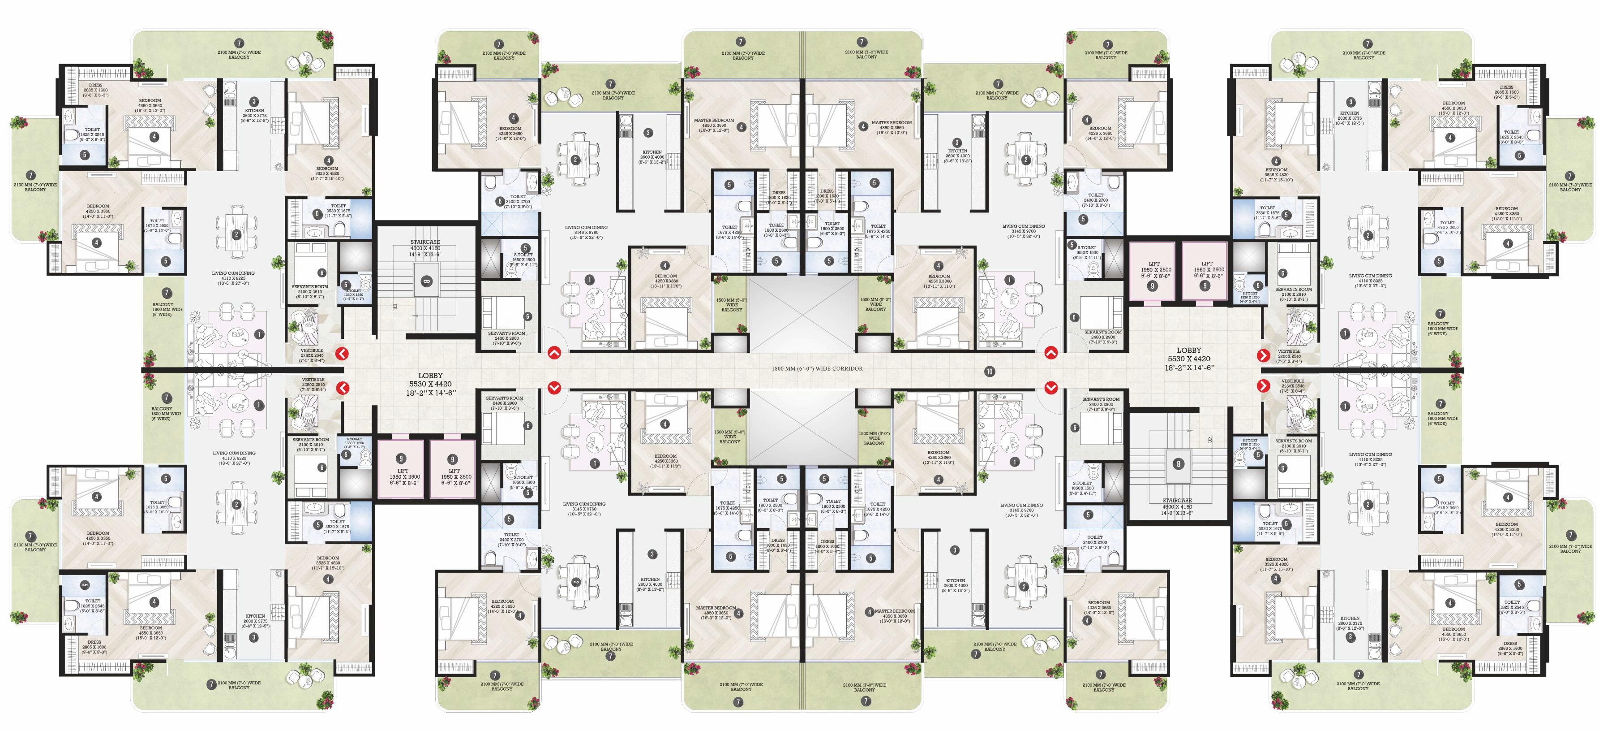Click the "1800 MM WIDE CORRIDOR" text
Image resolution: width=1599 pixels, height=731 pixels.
[816, 368]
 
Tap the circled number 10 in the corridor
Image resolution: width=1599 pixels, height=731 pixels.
[990, 372]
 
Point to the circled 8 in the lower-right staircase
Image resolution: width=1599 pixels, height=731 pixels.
[1178, 463]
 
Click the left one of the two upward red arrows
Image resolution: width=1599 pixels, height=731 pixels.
[554, 353]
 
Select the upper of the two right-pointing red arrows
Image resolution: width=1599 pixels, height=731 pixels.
[1263, 355]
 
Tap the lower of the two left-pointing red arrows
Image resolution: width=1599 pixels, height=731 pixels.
[342, 388]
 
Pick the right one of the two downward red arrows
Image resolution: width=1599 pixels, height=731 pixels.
[1050, 388]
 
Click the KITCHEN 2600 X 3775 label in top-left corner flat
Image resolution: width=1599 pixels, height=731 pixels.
[254, 115]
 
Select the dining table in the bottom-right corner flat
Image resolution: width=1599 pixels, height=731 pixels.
[1368, 505]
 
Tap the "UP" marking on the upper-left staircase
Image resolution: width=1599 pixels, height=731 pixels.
[394, 306]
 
